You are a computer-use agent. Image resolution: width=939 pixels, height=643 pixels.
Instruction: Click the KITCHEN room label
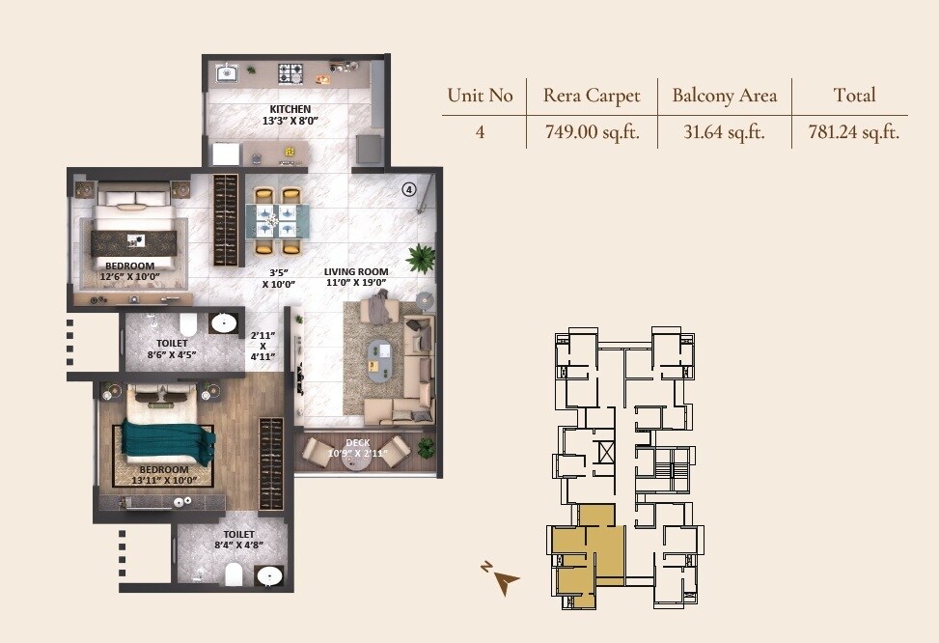(290, 109)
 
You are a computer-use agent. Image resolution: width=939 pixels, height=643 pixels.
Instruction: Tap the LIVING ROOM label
(355, 272)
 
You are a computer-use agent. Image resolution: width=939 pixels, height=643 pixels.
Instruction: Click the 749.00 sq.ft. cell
(592, 132)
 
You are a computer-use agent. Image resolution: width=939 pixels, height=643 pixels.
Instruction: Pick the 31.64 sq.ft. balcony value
(724, 132)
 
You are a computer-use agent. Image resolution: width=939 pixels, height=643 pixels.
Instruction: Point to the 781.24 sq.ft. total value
(853, 132)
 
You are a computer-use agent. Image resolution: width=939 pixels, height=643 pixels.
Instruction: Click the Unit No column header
(480, 95)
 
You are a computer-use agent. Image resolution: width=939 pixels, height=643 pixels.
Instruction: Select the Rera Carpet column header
(592, 95)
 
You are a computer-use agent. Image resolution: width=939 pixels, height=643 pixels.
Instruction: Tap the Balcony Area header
(724, 95)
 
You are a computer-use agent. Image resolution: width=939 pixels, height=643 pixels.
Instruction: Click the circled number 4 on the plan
(409, 190)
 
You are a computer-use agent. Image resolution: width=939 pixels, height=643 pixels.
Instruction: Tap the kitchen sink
(228, 72)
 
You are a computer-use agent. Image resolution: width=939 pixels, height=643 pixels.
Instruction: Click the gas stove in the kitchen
(290, 72)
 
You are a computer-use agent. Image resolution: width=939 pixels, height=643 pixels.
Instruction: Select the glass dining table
(276, 219)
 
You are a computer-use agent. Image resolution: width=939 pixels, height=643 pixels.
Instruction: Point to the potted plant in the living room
(421, 258)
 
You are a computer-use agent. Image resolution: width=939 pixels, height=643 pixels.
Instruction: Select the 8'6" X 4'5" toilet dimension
(172, 354)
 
